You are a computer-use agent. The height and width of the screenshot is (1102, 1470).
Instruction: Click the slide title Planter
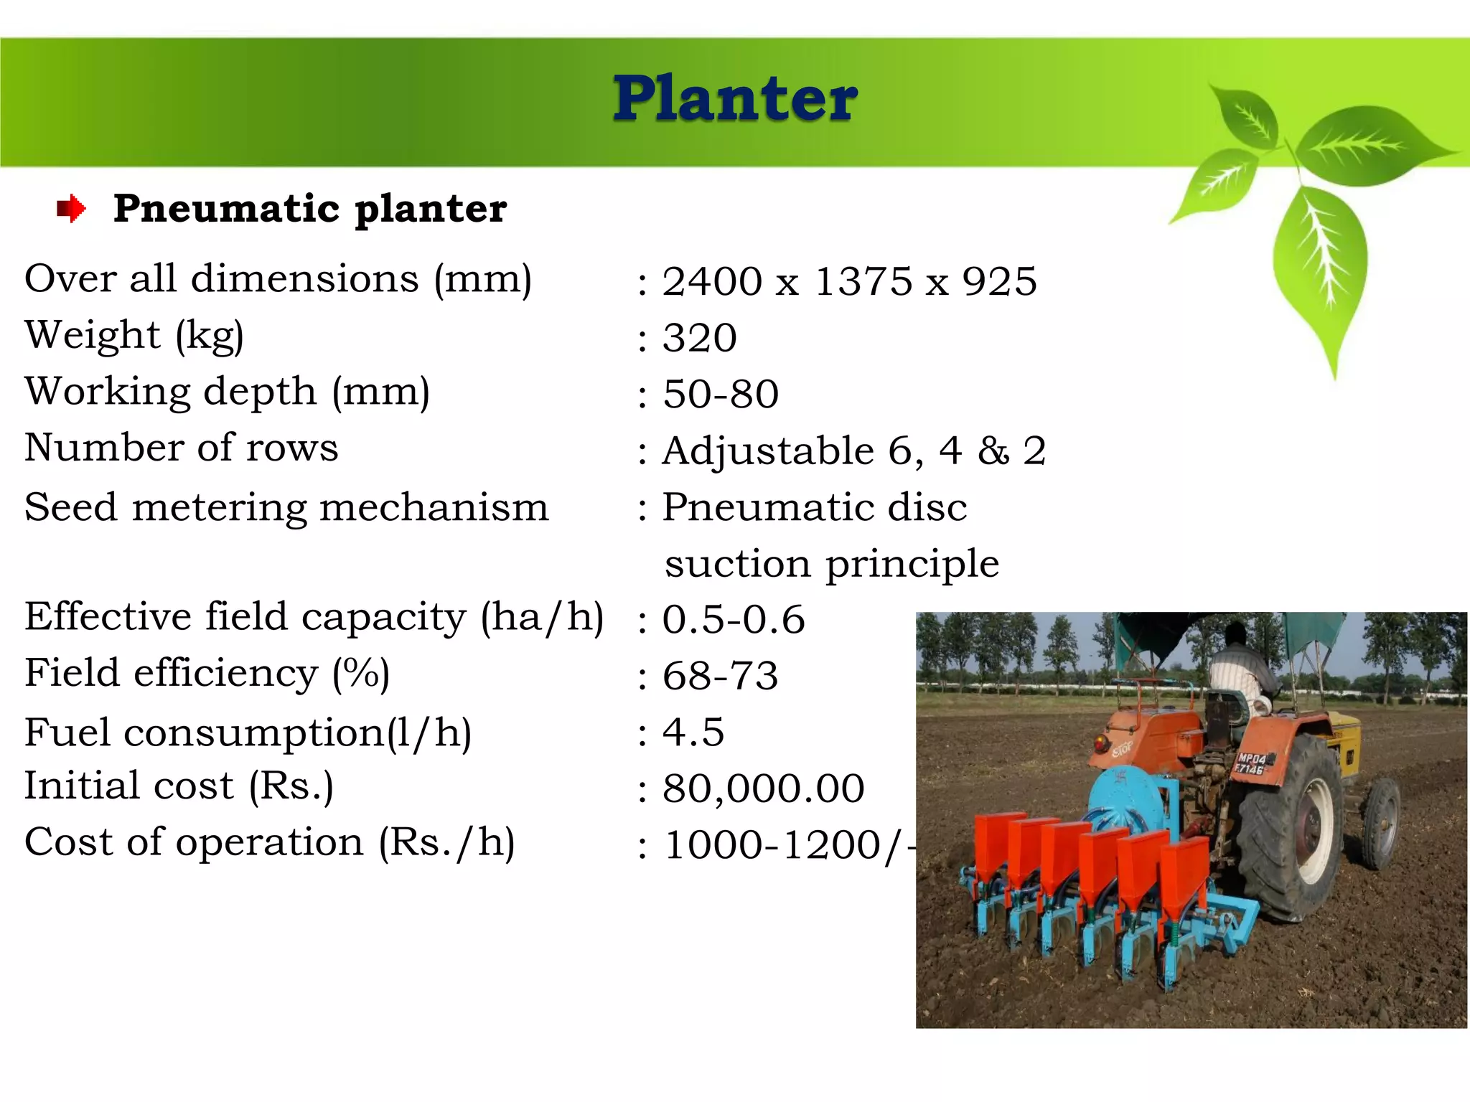point(735,98)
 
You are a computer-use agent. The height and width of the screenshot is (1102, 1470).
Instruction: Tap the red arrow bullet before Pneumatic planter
point(71,209)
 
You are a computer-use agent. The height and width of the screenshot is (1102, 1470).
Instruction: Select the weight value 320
point(699,338)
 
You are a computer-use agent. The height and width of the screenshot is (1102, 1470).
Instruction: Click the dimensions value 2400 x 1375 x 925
point(849,281)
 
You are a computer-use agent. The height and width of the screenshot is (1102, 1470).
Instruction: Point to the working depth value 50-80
point(720,394)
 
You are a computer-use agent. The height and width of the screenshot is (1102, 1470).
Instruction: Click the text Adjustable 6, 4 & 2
point(853,451)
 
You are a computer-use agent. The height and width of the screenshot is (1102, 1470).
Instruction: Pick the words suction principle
point(831,564)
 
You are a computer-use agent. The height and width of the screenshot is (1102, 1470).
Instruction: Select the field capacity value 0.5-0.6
point(733,620)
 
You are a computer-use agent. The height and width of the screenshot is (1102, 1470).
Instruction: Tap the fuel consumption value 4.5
point(693,733)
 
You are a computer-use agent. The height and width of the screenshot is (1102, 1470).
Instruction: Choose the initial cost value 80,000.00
point(763,788)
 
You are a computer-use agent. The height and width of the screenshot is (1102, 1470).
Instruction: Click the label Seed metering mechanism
point(286,507)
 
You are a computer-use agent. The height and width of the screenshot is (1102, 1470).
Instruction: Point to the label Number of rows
point(181,448)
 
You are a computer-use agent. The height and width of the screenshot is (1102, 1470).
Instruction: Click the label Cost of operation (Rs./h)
point(269,842)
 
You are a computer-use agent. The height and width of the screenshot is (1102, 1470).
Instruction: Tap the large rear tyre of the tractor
point(1292,825)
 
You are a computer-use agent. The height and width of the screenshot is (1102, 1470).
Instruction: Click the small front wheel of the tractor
point(1380,822)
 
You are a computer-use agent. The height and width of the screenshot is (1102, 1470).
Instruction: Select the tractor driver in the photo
point(1238,667)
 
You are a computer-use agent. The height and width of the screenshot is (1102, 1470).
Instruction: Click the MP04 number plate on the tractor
point(1251,763)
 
